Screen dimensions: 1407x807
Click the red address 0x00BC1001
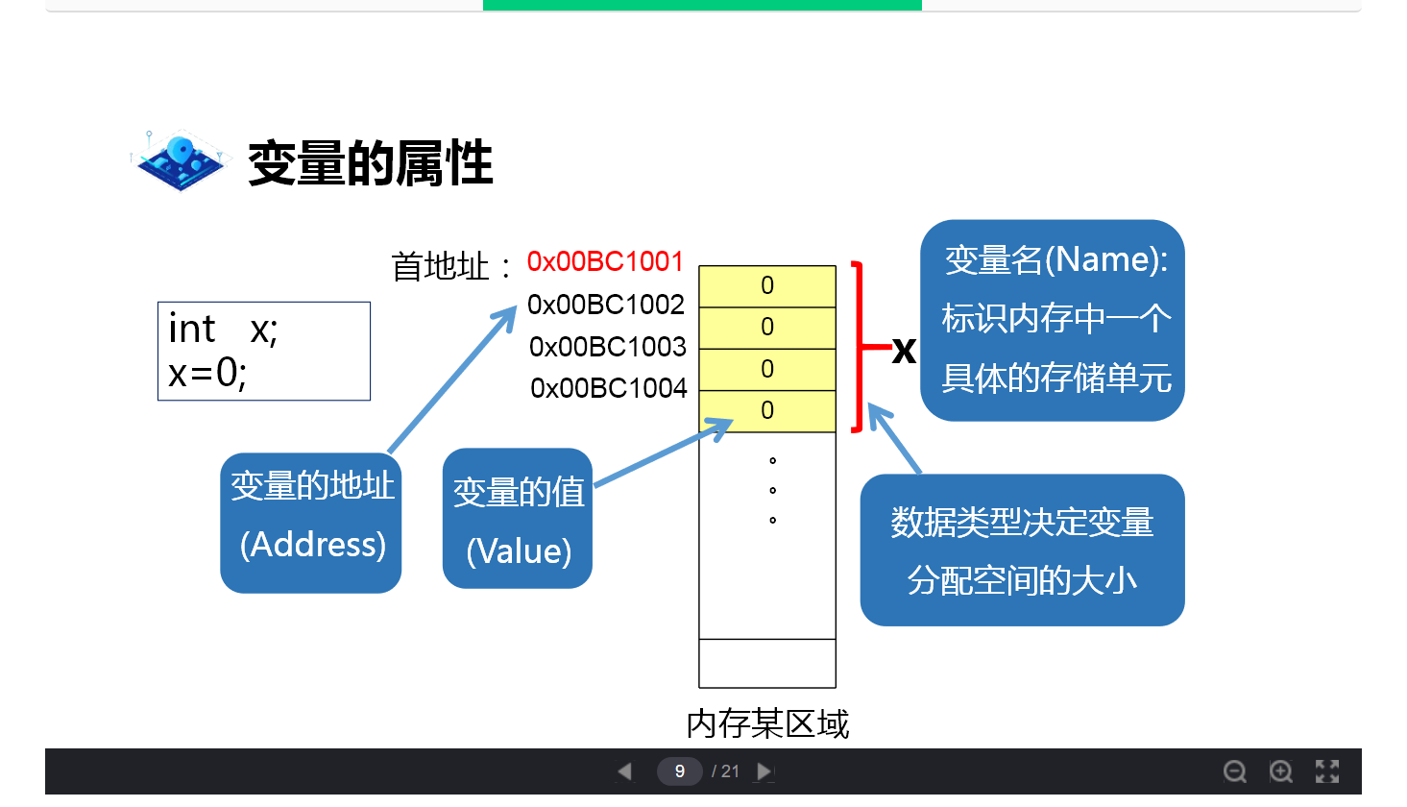click(605, 261)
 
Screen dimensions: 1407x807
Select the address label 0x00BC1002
click(606, 305)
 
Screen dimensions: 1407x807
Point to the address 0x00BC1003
click(608, 346)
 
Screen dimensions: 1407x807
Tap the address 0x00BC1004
click(609, 388)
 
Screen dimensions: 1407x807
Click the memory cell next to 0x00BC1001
click(767, 285)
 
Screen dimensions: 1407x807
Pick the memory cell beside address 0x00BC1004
click(767, 411)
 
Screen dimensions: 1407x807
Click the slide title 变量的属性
click(371, 163)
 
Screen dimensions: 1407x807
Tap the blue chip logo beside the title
click(180, 160)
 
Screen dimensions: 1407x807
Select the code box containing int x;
click(264, 351)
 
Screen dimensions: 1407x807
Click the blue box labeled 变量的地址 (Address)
click(311, 523)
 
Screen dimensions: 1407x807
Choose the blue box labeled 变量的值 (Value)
click(518, 519)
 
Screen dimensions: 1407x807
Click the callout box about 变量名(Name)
click(1053, 320)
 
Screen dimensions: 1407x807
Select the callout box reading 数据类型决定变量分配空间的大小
click(1022, 550)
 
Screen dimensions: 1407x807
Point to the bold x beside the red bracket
click(904, 350)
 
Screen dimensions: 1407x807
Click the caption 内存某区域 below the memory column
click(767, 723)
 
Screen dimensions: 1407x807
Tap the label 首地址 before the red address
click(441, 266)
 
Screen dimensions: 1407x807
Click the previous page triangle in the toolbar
click(625, 770)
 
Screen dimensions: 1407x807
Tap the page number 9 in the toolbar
click(679, 770)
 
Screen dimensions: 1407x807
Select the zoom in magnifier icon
click(1281, 770)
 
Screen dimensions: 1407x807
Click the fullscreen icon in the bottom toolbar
click(1327, 770)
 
